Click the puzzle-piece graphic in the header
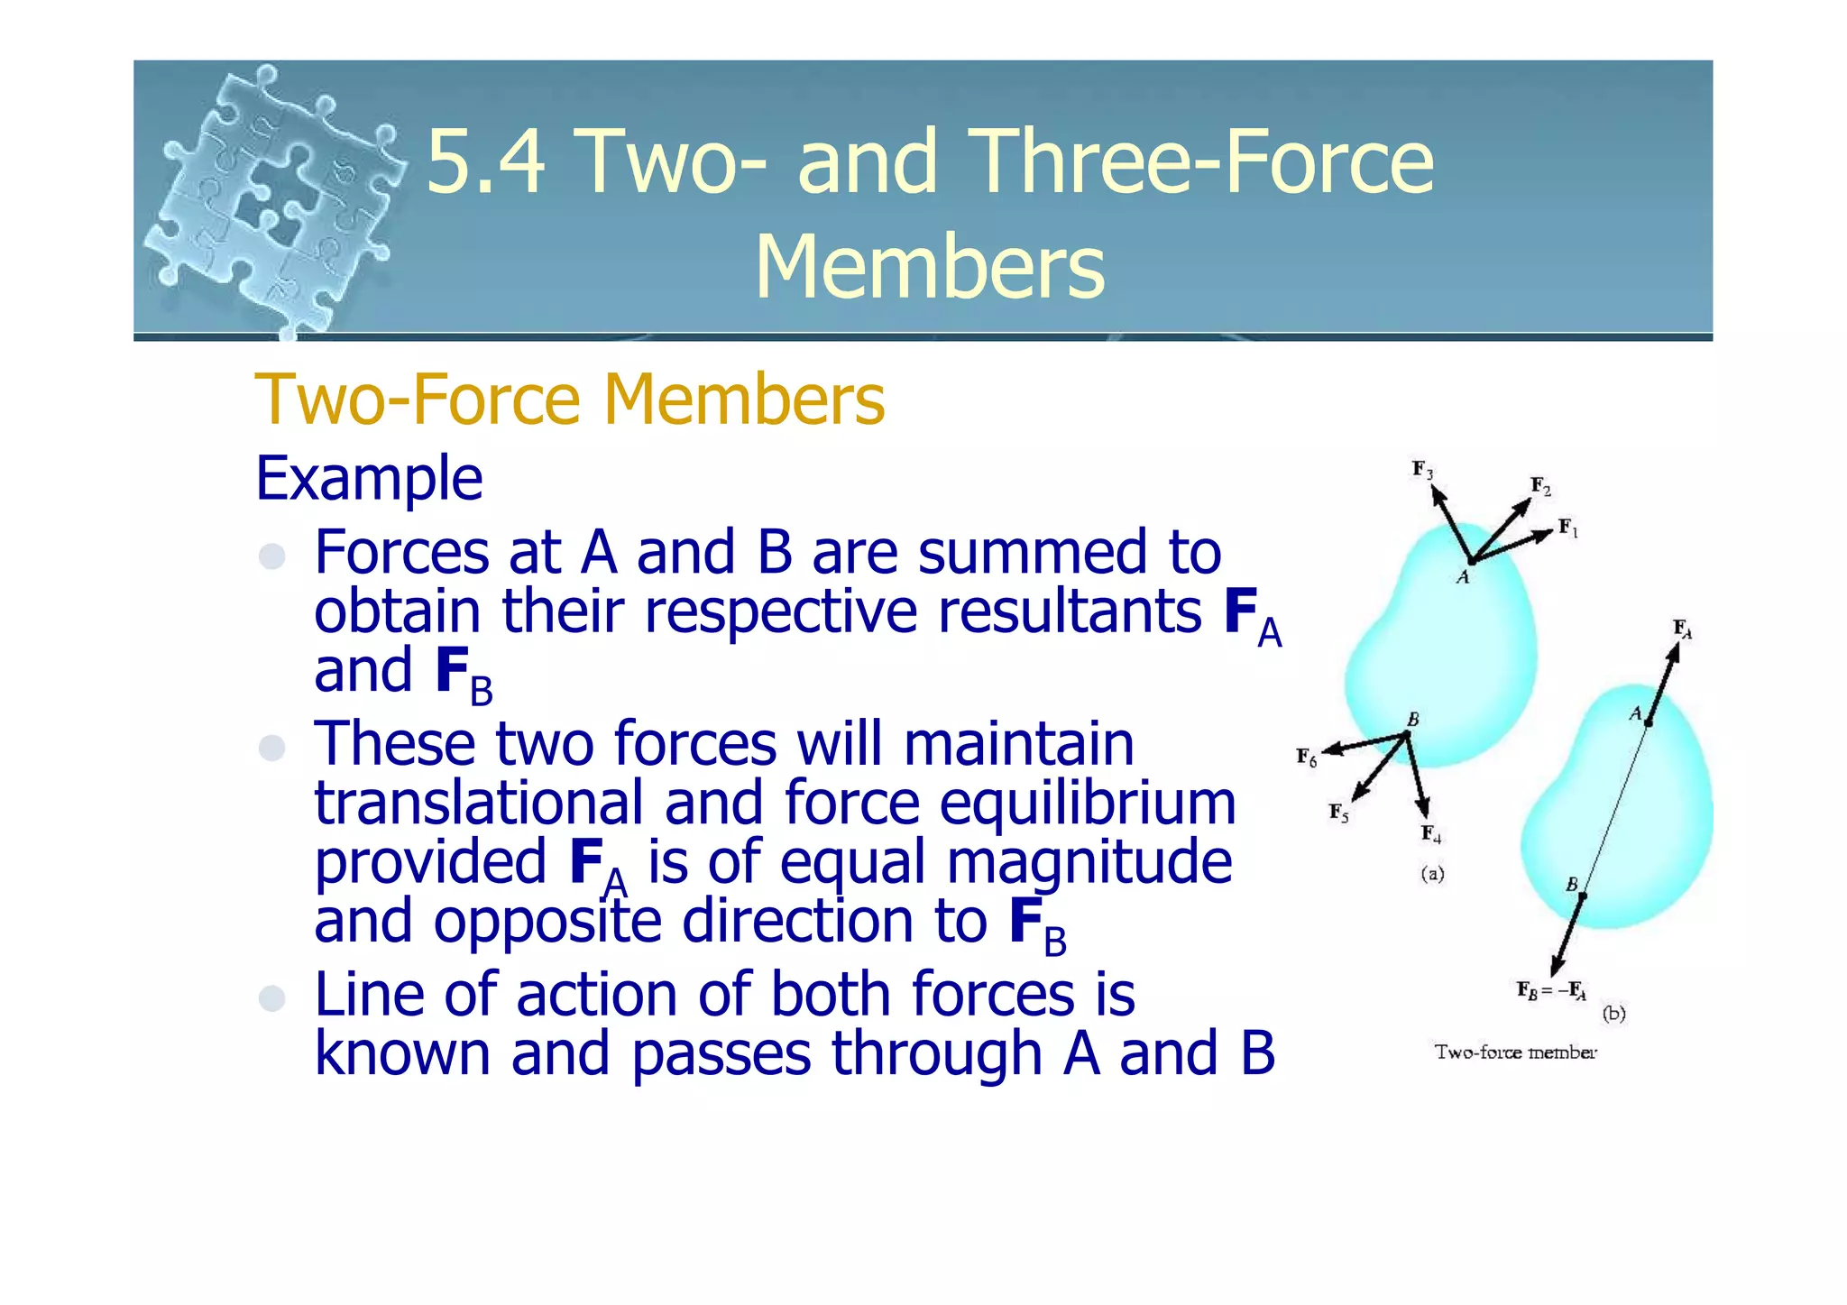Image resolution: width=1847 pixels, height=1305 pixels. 275,200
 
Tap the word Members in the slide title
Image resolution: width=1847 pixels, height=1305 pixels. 929,267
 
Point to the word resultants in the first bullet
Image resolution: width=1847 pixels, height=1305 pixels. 1070,611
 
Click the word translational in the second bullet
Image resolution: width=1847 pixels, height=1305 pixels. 479,803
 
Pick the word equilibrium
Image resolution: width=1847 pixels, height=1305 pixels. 1087,803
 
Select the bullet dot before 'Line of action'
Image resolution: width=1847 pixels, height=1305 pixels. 271,997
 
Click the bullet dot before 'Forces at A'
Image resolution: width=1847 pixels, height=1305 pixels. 271,556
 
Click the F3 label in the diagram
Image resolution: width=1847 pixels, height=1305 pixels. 1422,469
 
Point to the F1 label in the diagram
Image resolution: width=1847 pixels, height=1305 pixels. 1568,528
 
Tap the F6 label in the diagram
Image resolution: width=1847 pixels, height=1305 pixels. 1307,757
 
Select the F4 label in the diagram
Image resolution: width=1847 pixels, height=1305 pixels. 1431,833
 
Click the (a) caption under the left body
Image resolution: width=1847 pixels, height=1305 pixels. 1432,873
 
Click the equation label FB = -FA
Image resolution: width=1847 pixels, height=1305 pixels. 1551,991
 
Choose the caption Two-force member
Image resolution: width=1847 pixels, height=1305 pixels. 1515,1052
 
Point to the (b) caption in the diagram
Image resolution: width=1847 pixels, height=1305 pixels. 1613,1013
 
